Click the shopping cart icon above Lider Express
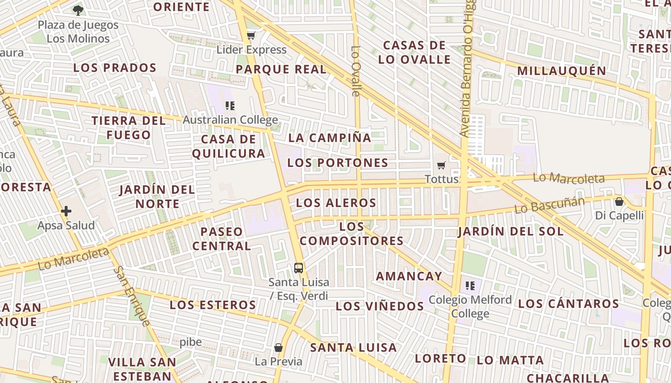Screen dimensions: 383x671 (x=251, y=35)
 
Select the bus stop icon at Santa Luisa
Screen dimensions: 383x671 (x=299, y=268)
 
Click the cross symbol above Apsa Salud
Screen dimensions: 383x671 (x=66, y=211)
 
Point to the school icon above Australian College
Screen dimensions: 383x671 (x=230, y=105)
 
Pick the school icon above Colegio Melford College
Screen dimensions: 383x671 (x=470, y=286)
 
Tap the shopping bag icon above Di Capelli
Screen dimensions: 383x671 (x=619, y=202)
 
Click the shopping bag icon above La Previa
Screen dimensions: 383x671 (x=278, y=347)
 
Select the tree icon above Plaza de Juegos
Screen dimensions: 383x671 (x=78, y=10)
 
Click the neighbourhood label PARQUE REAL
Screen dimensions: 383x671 (x=281, y=69)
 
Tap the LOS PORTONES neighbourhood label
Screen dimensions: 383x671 (x=338, y=163)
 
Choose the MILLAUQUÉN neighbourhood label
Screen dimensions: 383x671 (x=562, y=71)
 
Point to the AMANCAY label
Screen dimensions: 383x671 (x=409, y=276)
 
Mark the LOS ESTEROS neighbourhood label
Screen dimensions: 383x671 (x=213, y=305)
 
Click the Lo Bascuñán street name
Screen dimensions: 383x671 (x=549, y=205)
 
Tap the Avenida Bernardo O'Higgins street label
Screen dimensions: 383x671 (x=468, y=72)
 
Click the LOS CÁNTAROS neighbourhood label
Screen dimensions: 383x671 (x=568, y=304)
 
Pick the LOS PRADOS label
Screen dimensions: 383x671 (x=115, y=68)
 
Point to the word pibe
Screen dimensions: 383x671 (x=191, y=342)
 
